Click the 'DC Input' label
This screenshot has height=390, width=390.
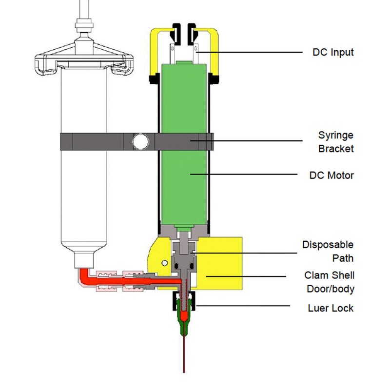click(x=333, y=52)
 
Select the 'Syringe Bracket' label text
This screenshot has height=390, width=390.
click(x=336, y=141)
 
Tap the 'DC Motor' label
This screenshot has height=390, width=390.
click(x=331, y=174)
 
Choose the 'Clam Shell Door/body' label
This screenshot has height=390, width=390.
click(x=330, y=282)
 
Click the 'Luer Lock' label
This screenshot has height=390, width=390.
click(x=331, y=308)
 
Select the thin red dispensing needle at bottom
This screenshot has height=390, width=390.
click(x=184, y=356)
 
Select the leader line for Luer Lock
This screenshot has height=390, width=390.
click(x=244, y=307)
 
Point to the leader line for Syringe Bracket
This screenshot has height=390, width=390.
click(x=253, y=141)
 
